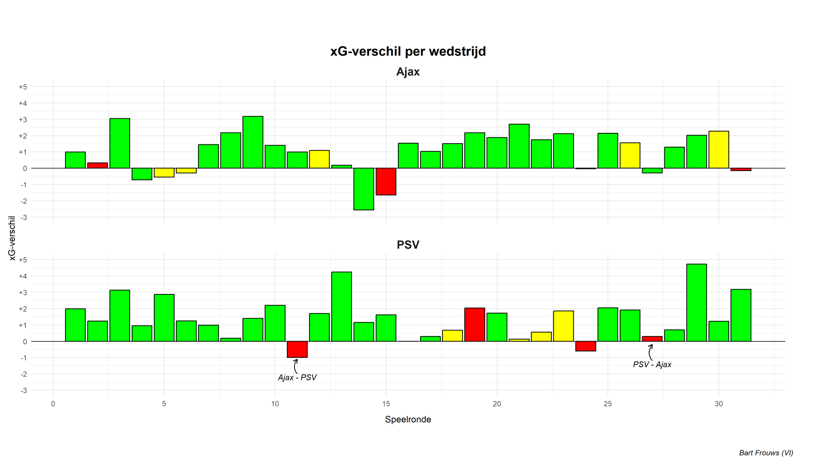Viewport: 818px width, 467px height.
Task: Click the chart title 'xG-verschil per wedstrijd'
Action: click(408, 52)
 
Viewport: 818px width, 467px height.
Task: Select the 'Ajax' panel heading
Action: click(408, 72)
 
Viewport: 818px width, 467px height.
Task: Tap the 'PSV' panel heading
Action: click(408, 245)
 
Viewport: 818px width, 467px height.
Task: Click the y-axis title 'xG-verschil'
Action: click(12, 238)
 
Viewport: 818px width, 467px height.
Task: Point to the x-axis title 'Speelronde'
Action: click(408, 420)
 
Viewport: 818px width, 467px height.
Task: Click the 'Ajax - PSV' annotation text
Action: click(297, 377)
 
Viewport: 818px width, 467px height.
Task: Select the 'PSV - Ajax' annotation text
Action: click(652, 364)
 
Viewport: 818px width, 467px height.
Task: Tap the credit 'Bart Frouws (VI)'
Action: click(766, 453)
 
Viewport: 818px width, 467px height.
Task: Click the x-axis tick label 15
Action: click(386, 404)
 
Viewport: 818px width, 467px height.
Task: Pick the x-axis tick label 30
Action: click(719, 404)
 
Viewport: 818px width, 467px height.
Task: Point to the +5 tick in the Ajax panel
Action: click(23, 87)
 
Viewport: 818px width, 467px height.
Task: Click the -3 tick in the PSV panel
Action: click(24, 391)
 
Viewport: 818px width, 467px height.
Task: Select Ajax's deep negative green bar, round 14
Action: click(364, 189)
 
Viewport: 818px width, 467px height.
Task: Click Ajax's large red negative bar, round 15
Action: click(386, 182)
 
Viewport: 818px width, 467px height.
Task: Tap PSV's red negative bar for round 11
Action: click(297, 350)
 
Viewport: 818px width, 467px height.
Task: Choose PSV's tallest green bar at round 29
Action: click(697, 303)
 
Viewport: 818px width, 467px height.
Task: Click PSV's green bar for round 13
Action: click(342, 307)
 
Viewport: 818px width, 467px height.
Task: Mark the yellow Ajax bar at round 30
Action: click(719, 150)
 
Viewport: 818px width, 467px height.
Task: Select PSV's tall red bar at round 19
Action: click(474, 325)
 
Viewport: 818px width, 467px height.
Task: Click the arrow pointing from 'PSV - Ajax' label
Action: click(650, 352)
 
